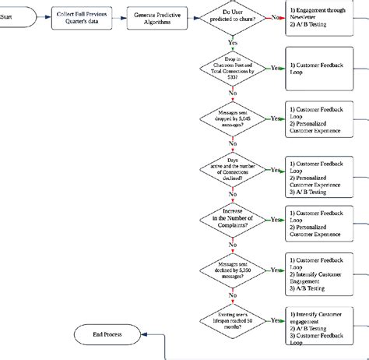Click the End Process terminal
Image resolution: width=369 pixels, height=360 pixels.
click(108, 335)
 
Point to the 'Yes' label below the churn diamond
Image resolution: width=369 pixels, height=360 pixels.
click(233, 43)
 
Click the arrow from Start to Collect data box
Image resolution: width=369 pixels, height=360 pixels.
click(42, 16)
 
